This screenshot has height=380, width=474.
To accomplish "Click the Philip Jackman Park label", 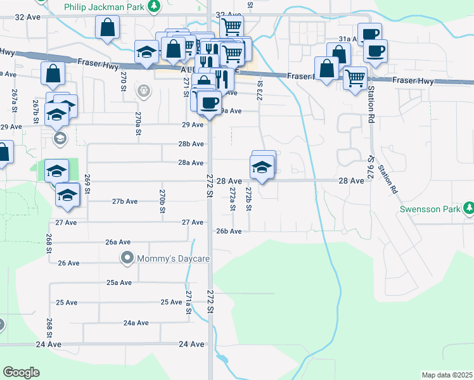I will click(x=105, y=6).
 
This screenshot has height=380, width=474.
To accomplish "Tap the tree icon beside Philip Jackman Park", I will click(x=153, y=6).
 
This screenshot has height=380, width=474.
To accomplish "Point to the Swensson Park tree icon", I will click(x=468, y=208).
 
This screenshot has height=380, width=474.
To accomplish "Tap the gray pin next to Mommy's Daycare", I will click(x=127, y=258).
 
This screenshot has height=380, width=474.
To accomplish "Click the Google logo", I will click(x=21, y=372).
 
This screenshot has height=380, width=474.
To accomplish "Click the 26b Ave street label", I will click(x=229, y=231).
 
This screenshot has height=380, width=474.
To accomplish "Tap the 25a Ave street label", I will click(x=119, y=282).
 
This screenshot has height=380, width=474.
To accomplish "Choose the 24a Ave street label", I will click(x=136, y=322).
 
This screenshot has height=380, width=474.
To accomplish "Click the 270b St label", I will click(x=162, y=200).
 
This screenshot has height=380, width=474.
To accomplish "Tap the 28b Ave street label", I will click(x=191, y=144).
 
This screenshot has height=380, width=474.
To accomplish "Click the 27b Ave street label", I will click(x=125, y=201).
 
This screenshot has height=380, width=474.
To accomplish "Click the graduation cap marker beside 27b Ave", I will click(x=66, y=195).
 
